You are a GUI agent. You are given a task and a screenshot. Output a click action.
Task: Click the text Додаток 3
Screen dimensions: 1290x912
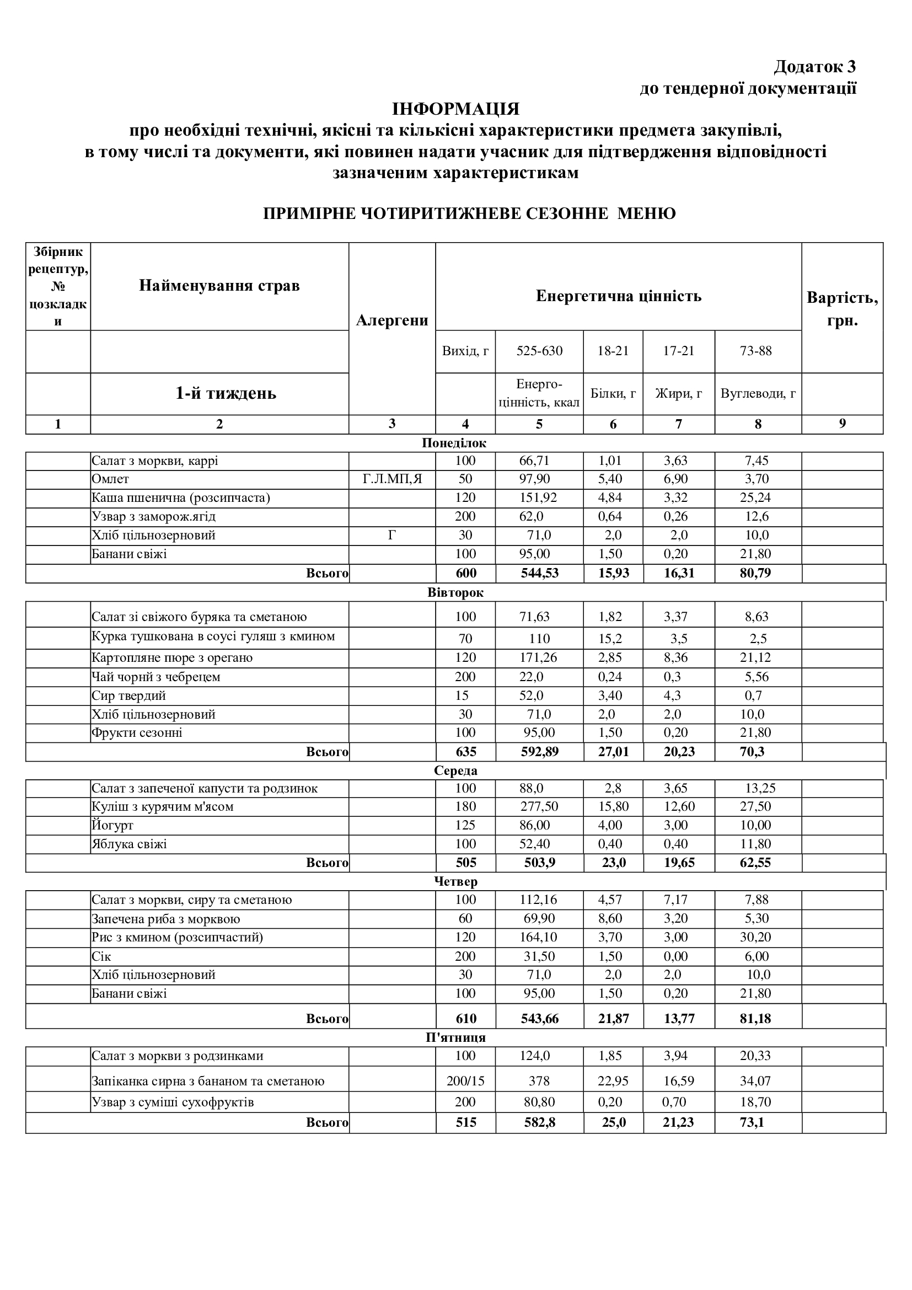(x=814, y=67)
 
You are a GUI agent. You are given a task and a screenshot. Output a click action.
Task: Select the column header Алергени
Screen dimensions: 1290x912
(x=392, y=320)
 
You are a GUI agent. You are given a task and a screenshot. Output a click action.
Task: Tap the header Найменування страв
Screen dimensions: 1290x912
(x=219, y=286)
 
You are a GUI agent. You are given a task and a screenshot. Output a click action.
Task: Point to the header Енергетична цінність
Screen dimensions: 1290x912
(x=618, y=296)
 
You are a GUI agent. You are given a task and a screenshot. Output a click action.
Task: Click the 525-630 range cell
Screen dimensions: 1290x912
(x=539, y=351)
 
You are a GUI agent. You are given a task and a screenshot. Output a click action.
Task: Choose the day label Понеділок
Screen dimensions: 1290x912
(x=454, y=443)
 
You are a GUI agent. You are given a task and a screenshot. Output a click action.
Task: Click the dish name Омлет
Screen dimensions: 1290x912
(x=111, y=479)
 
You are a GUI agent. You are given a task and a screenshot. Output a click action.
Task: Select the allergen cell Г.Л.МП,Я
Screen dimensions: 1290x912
(x=392, y=479)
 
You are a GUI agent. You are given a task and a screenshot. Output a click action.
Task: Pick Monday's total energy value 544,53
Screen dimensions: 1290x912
(x=539, y=573)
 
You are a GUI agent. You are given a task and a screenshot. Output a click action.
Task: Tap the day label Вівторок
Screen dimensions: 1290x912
(x=455, y=592)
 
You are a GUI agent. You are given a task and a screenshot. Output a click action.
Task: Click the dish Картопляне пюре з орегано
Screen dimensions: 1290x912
(x=172, y=657)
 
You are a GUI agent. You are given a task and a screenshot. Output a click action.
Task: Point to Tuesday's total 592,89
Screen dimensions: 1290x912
(x=539, y=752)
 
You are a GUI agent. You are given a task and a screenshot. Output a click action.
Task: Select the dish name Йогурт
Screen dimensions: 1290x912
(x=112, y=826)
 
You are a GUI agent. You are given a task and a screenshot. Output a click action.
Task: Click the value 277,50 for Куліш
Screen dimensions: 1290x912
(x=539, y=807)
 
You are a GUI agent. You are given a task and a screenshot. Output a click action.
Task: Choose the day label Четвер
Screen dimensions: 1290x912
(x=455, y=881)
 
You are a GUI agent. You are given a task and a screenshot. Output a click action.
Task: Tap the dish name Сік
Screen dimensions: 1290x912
(x=101, y=956)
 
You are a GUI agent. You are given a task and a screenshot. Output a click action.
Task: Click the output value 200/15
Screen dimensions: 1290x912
(x=465, y=1080)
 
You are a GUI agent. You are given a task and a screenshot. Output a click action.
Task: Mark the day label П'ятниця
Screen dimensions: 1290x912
(x=455, y=1037)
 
